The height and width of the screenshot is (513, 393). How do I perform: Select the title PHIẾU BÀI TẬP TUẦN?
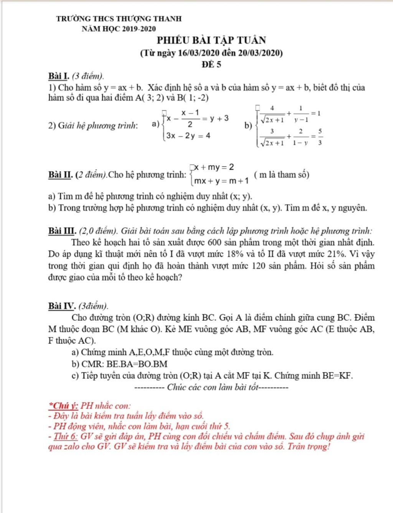pos(211,40)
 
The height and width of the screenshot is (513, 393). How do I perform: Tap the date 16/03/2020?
pos(198,53)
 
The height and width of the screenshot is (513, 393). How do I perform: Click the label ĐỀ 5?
pos(211,64)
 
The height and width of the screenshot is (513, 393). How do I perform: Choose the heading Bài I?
pos(59,76)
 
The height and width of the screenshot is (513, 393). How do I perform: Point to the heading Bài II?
pos(61,175)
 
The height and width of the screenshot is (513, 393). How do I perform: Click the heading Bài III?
pos(62,231)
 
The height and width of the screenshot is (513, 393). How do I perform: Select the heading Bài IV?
pos(62,306)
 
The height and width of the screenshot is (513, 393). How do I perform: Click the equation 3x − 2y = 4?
pos(188,136)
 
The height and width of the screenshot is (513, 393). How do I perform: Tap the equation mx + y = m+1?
pos(221,181)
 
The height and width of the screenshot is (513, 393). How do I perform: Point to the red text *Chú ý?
pos(64,405)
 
